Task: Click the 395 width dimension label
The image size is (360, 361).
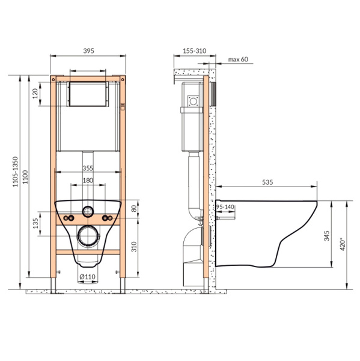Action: [x=88, y=51]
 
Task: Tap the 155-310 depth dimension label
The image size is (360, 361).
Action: [x=195, y=51]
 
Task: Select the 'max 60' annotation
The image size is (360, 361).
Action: [x=238, y=60]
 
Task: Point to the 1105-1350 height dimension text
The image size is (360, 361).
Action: [x=15, y=171]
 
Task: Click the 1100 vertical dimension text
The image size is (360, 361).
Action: [x=25, y=177]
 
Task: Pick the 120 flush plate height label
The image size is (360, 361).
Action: [x=35, y=94]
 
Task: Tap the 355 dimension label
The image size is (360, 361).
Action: [x=88, y=168]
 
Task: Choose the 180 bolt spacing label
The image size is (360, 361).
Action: [x=88, y=180]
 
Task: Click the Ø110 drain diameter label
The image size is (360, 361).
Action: [x=87, y=277]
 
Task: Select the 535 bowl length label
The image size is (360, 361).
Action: [x=267, y=182]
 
